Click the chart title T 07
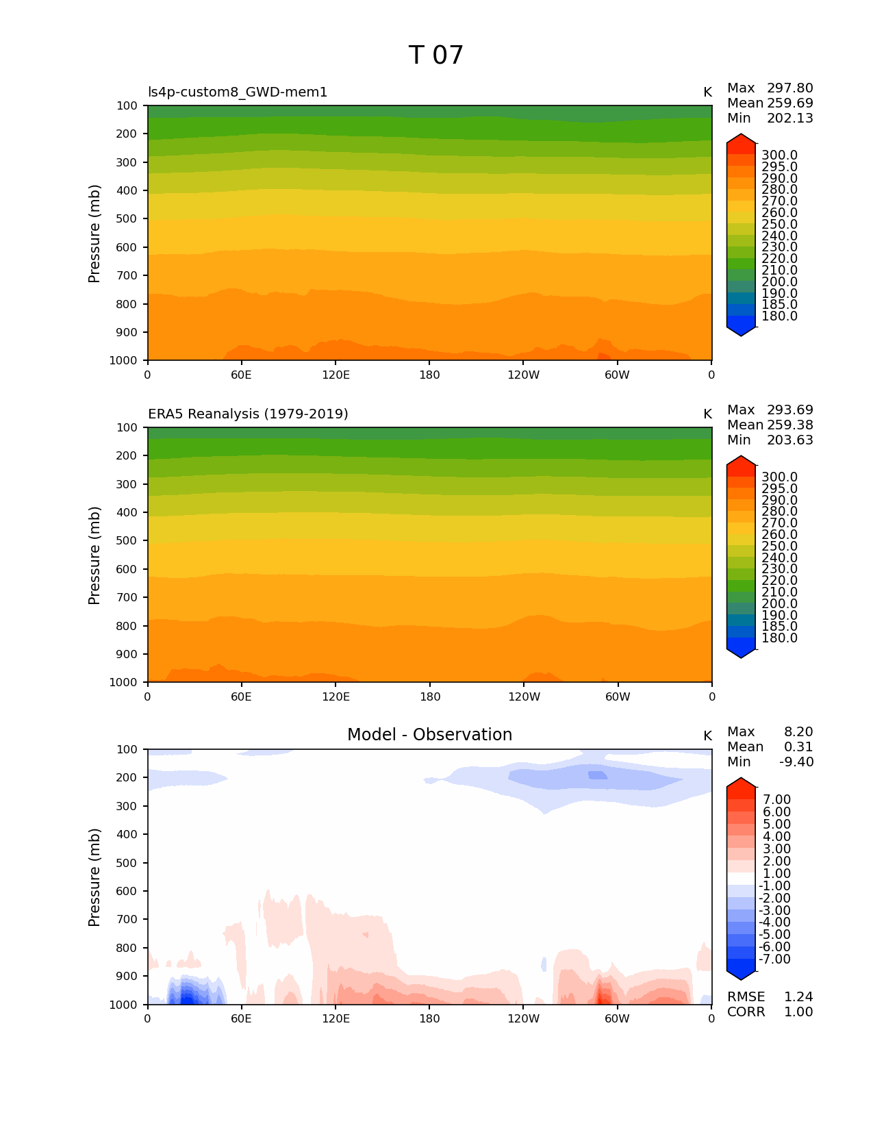point(436,55)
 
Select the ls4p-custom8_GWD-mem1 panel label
point(238,92)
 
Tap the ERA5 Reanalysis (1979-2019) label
point(248,414)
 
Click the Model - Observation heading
point(429,735)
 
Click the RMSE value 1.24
point(798,997)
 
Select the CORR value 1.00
point(798,1012)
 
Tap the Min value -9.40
point(796,762)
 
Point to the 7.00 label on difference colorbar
point(776,800)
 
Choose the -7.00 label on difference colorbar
point(774,959)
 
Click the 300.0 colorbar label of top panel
point(779,155)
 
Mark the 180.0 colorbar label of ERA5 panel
point(779,638)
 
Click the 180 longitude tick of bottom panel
point(429,1019)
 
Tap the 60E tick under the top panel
point(241,375)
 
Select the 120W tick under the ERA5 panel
point(524,697)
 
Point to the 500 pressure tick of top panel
point(127,219)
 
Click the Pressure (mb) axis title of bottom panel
point(94,877)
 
